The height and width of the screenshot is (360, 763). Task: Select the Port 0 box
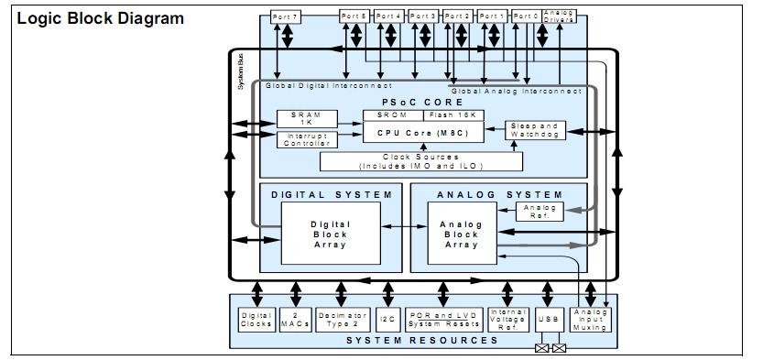[526, 16]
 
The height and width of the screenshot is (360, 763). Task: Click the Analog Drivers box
[559, 16]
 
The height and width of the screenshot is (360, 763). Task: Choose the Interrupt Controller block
[307, 138]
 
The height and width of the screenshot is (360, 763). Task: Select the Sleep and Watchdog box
[536, 130]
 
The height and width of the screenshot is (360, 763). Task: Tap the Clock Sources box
[421, 161]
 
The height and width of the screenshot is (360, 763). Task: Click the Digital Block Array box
[329, 234]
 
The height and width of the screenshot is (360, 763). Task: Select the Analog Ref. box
[536, 212]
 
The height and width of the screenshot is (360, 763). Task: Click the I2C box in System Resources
[386, 319]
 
